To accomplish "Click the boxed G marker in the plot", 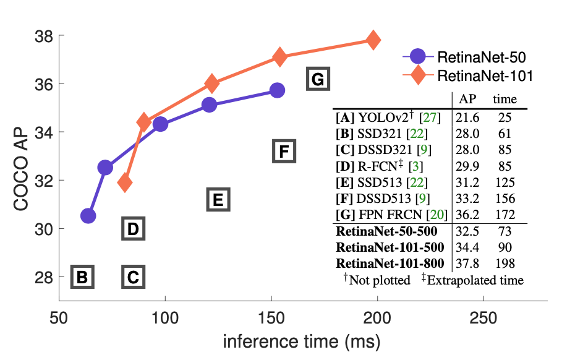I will (x=318, y=80).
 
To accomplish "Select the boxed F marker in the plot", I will (x=284, y=151).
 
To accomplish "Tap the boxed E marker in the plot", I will (x=218, y=199).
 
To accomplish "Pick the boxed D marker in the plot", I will (x=133, y=229).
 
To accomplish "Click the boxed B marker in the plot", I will (x=82, y=276).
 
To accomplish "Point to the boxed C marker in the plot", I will (x=133, y=276).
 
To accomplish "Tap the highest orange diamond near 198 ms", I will (x=373, y=40).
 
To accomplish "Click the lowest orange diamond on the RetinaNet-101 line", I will (x=125, y=182).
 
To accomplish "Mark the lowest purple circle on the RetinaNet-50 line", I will (x=88, y=216).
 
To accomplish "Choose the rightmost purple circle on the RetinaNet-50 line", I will (x=278, y=90).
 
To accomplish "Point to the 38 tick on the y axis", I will (x=42, y=36).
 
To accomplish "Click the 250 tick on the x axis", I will (x=483, y=317).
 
